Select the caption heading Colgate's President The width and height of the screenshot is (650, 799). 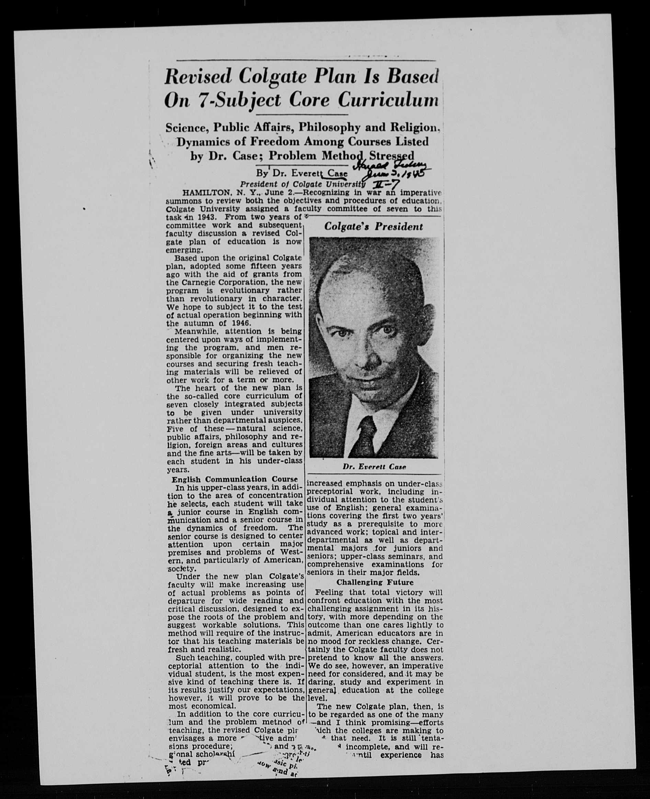[373, 227]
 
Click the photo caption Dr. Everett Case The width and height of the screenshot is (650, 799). [374, 467]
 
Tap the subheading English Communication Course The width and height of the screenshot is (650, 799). [235, 479]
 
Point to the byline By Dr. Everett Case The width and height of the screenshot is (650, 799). [302, 174]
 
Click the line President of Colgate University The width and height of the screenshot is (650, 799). [303, 185]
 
